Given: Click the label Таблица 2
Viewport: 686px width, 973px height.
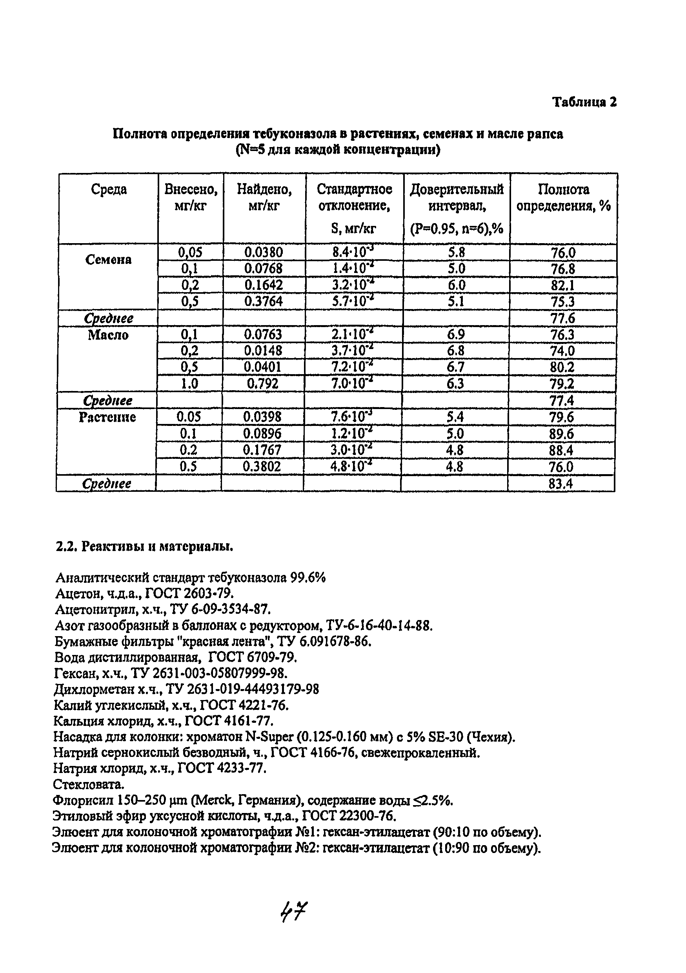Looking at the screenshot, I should pyautogui.click(x=584, y=102).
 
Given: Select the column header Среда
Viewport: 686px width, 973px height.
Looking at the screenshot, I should pyautogui.click(x=109, y=189).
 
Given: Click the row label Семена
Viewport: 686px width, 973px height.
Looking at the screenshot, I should pyautogui.click(x=109, y=259).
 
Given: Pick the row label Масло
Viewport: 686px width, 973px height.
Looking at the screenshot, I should pyautogui.click(x=108, y=335).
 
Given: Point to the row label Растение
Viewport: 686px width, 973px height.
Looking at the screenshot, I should pyautogui.click(x=107, y=417).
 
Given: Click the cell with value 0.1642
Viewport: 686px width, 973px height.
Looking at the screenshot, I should pyautogui.click(x=264, y=285).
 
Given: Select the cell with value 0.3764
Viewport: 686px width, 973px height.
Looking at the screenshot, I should pyautogui.click(x=264, y=301).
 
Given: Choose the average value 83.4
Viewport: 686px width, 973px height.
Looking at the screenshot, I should pyautogui.click(x=560, y=484).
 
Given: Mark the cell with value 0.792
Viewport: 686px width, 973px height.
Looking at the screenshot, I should pyautogui.click(x=263, y=384).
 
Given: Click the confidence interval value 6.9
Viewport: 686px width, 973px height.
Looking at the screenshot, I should pyautogui.click(x=455, y=335).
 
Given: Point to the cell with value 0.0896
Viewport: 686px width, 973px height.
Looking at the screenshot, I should pyautogui.click(x=262, y=433).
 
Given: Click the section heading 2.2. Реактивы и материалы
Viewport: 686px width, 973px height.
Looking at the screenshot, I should pyautogui.click(x=144, y=547).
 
